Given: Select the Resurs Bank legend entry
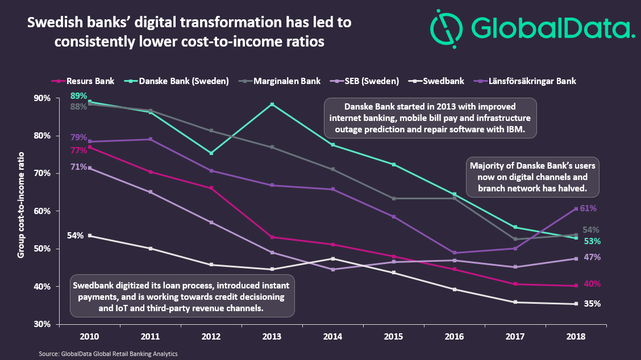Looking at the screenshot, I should (x=90, y=81).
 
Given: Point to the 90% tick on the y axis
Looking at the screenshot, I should (x=42, y=98).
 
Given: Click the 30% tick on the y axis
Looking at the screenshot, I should (x=42, y=324).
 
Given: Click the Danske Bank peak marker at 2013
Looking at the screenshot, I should (x=273, y=104).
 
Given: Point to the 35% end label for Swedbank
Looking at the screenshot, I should (x=592, y=304).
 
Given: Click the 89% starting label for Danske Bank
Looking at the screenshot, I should (x=78, y=95).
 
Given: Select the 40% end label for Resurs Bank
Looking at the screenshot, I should (x=592, y=284).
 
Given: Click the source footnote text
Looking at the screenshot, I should (x=108, y=353).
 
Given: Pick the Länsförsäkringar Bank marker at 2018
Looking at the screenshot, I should (x=576, y=209).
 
